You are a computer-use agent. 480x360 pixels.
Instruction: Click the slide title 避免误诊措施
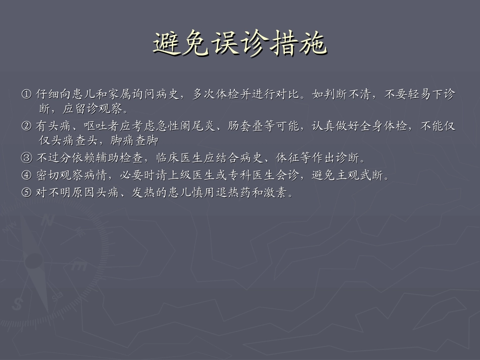click(x=239, y=44)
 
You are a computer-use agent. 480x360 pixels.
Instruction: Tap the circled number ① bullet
click(x=26, y=94)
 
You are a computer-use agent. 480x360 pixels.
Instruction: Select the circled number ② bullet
click(x=26, y=126)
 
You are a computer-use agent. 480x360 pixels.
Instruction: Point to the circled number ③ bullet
click(x=26, y=159)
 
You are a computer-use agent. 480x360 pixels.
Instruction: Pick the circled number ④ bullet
click(x=26, y=176)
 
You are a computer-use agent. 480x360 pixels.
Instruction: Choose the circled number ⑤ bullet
click(x=26, y=193)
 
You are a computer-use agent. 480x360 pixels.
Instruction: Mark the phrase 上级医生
click(x=186, y=176)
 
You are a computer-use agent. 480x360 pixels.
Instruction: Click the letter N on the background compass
click(x=49, y=220)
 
